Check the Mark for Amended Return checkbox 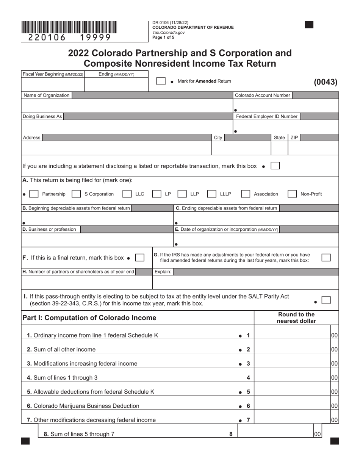click(161, 81)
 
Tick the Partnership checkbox click(34, 194)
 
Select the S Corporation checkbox click(76, 194)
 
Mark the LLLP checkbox click(212, 194)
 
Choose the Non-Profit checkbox click(292, 194)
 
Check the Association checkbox click(246, 194)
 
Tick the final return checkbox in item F click(140, 258)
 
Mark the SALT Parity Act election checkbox click(326, 300)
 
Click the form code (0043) click(326, 82)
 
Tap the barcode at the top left click(69, 28)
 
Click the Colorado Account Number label click(263, 95)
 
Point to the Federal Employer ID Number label click(267, 116)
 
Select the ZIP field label click(294, 138)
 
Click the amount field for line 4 click(292, 377)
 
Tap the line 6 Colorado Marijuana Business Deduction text click(86, 406)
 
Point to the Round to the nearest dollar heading click(296, 317)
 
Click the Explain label click(163, 272)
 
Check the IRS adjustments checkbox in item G click(326, 258)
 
